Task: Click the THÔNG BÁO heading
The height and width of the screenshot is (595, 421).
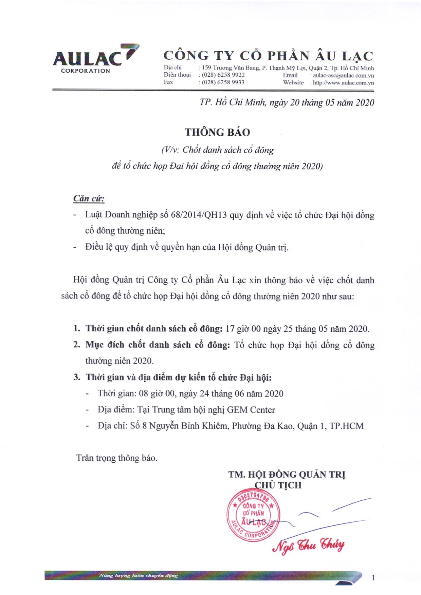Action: click(217, 132)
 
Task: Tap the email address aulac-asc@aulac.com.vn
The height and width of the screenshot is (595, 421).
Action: click(343, 75)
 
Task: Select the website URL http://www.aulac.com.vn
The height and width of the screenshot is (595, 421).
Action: click(343, 82)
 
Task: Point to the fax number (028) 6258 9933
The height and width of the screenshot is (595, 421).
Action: click(223, 82)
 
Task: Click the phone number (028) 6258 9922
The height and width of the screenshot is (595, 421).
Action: click(223, 75)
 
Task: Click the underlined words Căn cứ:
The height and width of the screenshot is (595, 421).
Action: click(89, 198)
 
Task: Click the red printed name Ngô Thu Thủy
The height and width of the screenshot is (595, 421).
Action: click(308, 545)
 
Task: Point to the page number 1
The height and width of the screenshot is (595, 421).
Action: click(373, 578)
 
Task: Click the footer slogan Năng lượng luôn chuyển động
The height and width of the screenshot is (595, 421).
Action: click(139, 575)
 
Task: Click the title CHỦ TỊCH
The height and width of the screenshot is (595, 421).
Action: click(278, 485)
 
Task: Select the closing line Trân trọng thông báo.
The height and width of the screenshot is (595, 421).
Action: click(116, 458)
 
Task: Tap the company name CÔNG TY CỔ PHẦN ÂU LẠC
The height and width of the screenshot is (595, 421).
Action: click(268, 56)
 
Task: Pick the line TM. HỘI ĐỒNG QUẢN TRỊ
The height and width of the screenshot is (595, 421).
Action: click(287, 474)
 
